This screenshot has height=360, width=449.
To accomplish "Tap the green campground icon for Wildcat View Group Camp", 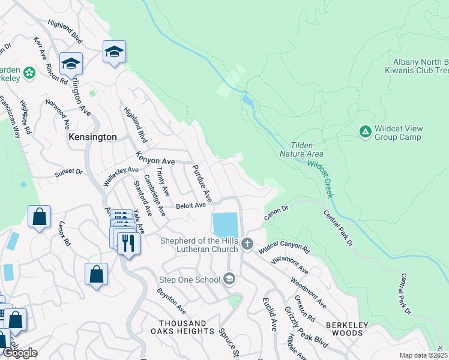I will pos(364,131).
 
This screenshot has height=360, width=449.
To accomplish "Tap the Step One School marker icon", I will pos(228,279).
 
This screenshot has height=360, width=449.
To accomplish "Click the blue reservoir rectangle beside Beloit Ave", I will pos(225,225).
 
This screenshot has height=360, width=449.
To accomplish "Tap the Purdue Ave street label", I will pos(202,184).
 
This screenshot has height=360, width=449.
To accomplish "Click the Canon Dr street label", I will pos(276,212).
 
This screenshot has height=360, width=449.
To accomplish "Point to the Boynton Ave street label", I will pos(171,302).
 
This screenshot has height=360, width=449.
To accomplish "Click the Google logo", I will pos(20,353).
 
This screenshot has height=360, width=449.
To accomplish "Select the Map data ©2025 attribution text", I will pos(423,355).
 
